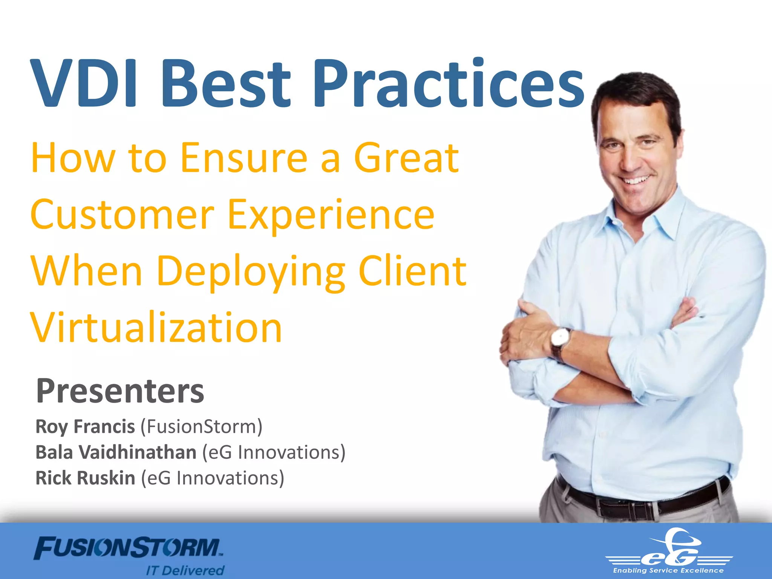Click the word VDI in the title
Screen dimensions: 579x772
click(x=85, y=84)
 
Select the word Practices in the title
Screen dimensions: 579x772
click(x=449, y=84)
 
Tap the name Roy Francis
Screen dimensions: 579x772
click(x=85, y=427)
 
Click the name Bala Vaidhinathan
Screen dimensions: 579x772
click(x=116, y=452)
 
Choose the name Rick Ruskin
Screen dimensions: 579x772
click(x=85, y=478)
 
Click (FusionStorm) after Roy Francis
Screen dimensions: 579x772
click(x=202, y=427)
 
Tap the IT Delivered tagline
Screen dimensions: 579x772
click(x=185, y=570)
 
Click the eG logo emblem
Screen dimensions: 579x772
click(x=669, y=548)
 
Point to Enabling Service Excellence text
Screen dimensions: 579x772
click(x=668, y=571)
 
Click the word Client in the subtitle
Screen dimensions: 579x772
click(x=412, y=271)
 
